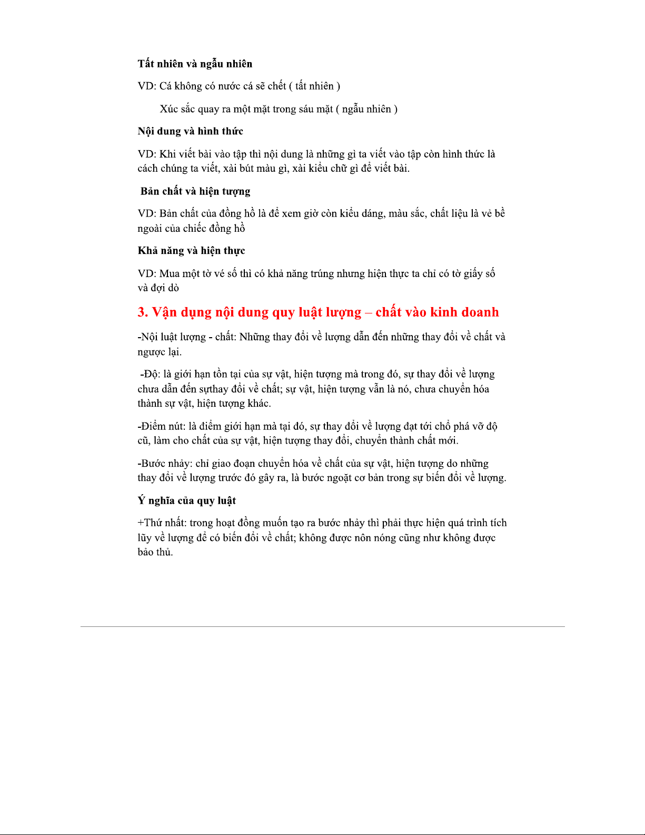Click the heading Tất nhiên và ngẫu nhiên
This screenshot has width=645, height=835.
[195, 64]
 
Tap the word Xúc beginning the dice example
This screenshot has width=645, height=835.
[168, 109]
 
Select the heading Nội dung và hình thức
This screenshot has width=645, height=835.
[190, 131]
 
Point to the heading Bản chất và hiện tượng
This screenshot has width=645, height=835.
[195, 191]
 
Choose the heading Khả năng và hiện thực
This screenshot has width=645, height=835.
[191, 251]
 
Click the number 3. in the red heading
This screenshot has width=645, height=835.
[143, 312]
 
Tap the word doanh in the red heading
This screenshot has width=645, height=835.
[480, 312]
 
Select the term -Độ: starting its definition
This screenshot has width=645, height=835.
[150, 375]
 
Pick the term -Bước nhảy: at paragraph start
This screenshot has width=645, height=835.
[165, 464]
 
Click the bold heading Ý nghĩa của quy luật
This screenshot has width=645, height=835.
[186, 500]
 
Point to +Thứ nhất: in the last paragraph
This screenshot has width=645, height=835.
[162, 523]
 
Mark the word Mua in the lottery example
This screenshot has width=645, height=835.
[170, 274]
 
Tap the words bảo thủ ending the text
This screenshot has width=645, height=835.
[155, 553]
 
